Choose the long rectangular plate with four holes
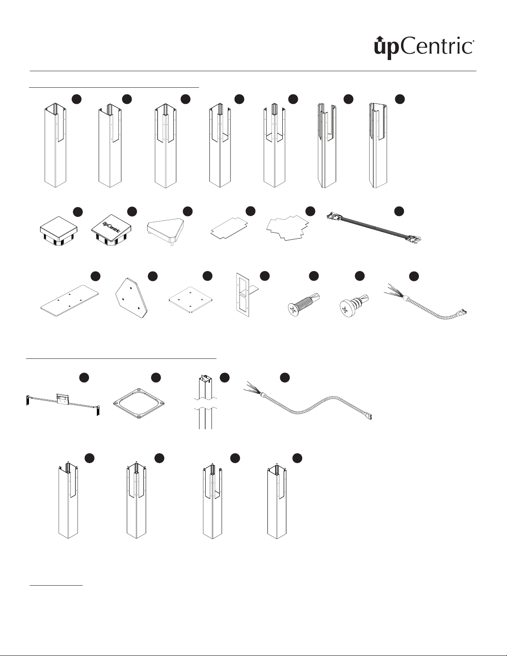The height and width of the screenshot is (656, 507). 70,300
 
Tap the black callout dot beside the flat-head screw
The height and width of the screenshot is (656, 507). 314,276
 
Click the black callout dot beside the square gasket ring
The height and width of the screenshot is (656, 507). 156,377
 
